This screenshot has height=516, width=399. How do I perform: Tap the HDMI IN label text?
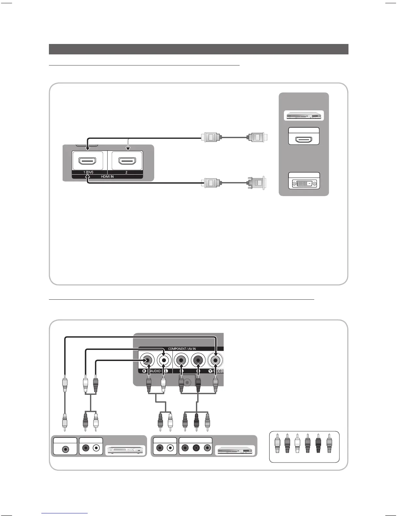click(107, 177)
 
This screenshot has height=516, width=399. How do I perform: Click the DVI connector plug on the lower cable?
click(257, 183)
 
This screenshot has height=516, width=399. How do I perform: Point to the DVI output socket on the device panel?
click(304, 183)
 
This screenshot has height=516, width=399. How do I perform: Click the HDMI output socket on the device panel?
click(304, 140)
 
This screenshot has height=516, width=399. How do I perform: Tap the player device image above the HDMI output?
click(304, 116)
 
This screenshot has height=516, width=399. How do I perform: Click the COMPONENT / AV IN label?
click(182, 349)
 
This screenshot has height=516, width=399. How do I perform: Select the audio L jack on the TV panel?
click(164, 360)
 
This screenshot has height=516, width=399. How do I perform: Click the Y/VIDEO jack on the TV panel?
click(215, 360)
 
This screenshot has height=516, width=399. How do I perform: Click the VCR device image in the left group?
click(126, 451)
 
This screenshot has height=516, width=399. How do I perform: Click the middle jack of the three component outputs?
click(196, 448)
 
